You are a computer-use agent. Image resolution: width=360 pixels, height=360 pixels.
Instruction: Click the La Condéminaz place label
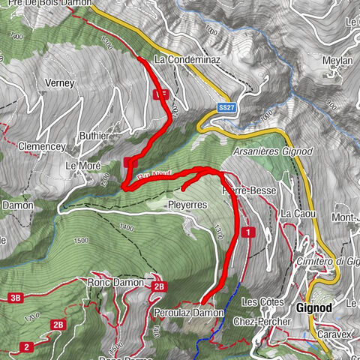click(x=186, y=58)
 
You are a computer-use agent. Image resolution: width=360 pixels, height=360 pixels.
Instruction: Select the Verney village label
click(x=61, y=83)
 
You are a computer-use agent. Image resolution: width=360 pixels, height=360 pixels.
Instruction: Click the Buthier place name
click(x=94, y=136)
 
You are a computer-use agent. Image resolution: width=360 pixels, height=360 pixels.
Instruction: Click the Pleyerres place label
click(x=187, y=204)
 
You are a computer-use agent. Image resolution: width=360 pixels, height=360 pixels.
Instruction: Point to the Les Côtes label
click(x=259, y=301)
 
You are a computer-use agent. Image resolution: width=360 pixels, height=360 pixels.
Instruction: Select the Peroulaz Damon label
click(x=188, y=312)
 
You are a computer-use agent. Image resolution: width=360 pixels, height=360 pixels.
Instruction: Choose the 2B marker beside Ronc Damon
click(x=158, y=286)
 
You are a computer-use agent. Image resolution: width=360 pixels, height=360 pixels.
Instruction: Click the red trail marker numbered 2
click(x=27, y=346)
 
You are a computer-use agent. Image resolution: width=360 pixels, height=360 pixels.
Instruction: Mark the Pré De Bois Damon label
click(x=46, y=4)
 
